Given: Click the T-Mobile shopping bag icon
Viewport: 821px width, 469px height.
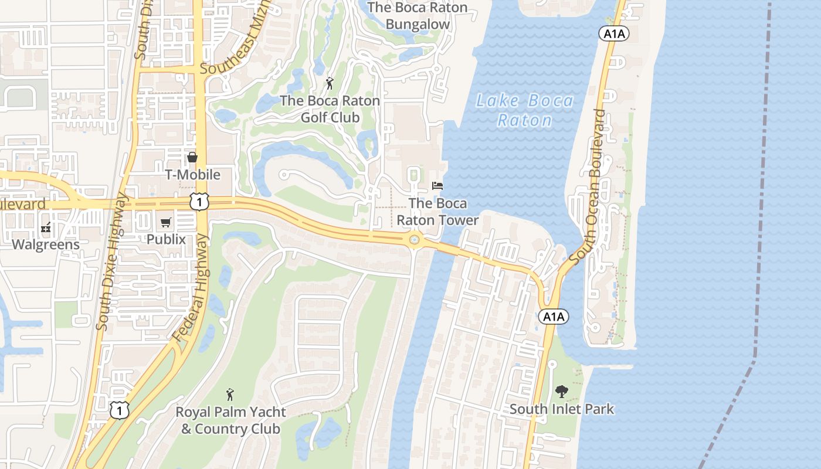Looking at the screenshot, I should click(x=192, y=157).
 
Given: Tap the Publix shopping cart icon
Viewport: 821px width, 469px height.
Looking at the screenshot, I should click(x=166, y=222).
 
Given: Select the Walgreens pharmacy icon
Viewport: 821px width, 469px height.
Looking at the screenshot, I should click(x=46, y=228).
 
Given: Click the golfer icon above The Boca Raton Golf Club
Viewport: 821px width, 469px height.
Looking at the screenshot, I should click(x=330, y=83).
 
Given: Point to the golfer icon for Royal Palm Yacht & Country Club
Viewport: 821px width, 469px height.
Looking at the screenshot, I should click(x=230, y=395).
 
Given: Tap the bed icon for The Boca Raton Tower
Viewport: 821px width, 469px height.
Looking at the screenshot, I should click(x=437, y=186).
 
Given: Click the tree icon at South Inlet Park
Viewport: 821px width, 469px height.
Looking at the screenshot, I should click(x=562, y=391).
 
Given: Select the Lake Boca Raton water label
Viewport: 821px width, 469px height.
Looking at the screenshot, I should click(x=524, y=111).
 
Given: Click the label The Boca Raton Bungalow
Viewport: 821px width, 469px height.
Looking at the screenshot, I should click(x=418, y=16).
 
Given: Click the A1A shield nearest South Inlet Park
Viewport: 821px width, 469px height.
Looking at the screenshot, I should click(x=553, y=317).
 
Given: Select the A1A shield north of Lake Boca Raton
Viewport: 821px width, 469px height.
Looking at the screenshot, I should click(x=613, y=34).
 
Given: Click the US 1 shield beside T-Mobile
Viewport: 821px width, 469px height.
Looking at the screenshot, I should click(x=199, y=202).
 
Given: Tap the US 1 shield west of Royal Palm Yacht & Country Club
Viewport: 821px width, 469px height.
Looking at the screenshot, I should click(x=119, y=410).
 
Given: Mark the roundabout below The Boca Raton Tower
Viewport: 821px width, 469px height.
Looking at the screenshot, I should click(x=415, y=239).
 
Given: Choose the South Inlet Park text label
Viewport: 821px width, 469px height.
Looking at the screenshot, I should click(x=562, y=409).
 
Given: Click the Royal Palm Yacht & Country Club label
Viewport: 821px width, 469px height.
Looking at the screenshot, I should click(x=231, y=420).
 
